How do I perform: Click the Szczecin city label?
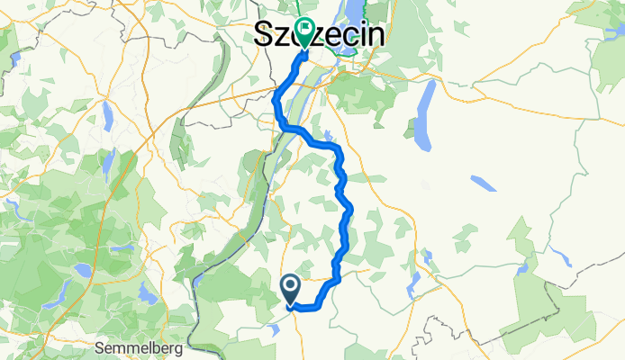pyautogui.click(x=318, y=35)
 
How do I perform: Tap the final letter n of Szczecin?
pyautogui.click(x=375, y=35)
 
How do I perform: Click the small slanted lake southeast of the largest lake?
pyautogui.click(x=483, y=184)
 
